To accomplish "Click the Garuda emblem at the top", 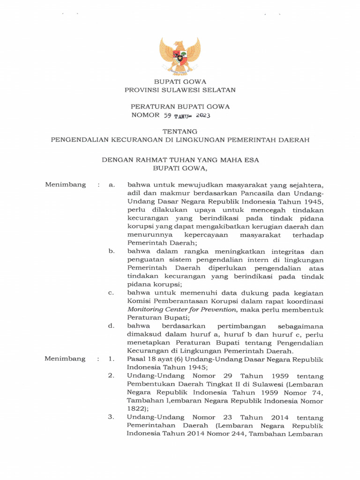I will pos(180,56).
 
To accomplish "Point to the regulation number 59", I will pos(168,115).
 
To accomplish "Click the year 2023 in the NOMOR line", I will pos(202,115).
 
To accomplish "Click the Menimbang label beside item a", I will pos(65,185).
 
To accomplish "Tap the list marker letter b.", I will pos(112,251).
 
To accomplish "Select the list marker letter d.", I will pos(112,326).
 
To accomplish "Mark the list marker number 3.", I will pos(112,417).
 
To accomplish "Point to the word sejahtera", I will pos(304,185).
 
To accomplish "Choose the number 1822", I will pos(137,409).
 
